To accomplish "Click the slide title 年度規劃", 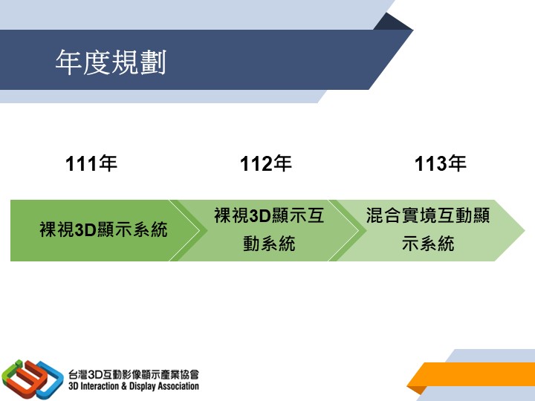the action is click(111, 62).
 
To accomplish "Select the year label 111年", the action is click(91, 163).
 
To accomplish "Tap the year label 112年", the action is click(266, 163).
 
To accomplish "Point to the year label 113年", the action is click(441, 163).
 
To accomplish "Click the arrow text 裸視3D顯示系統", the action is click(103, 229).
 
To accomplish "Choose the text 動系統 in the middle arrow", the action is click(269, 244).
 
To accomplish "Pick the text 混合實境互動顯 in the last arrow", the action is click(428, 215).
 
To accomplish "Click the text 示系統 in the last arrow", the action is click(428, 244).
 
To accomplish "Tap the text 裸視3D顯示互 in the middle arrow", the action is click(269, 215).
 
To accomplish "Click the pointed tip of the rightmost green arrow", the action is click(524, 230).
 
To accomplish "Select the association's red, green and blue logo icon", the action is click(33, 379).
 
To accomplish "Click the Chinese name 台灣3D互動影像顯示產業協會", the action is click(134, 375).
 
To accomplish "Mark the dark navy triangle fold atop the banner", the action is click(393, 23).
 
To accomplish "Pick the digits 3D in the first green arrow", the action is click(85, 229).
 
